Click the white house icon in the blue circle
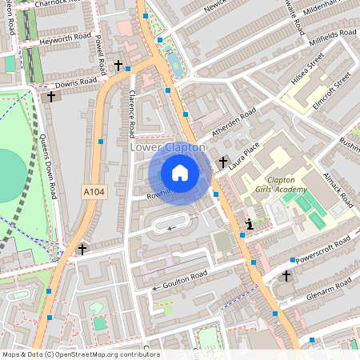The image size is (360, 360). [x=180, y=173]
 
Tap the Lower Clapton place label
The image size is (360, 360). [x=168, y=148]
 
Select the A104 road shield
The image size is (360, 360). [x=94, y=192]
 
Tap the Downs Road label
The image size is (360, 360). [x=76, y=82]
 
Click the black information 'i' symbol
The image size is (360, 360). [x=250, y=224]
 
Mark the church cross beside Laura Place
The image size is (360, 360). [x=222, y=161]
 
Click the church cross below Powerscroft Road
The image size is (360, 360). [x=286, y=275]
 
